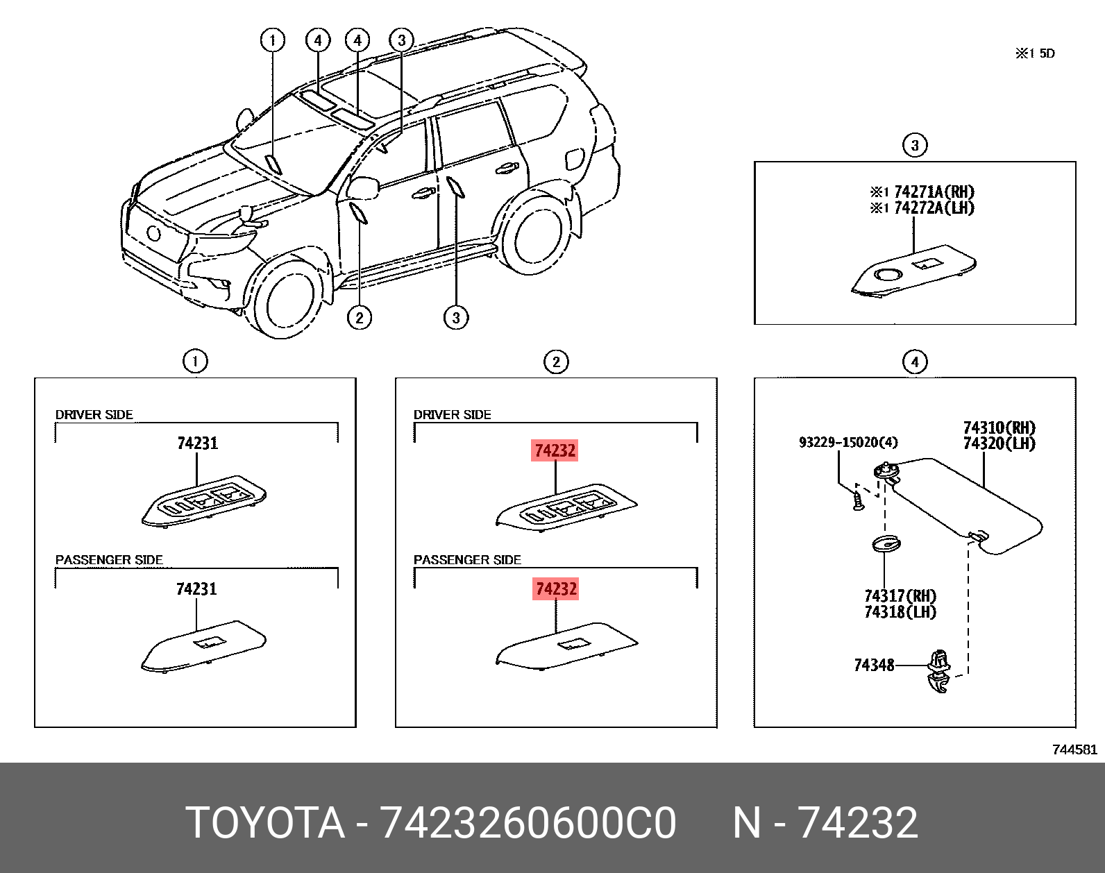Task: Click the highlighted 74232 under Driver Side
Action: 555,450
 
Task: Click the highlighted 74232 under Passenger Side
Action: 555,589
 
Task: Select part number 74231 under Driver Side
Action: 197,443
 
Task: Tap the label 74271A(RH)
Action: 934,192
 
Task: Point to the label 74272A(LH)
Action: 934,207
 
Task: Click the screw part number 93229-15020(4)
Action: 847,442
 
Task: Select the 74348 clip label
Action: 874,665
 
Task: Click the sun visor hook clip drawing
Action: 938,670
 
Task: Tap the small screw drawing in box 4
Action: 857,501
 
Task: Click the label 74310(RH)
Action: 999,427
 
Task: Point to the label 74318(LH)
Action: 900,612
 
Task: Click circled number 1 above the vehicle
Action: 272,40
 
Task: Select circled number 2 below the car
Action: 359,318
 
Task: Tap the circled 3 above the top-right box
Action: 914,145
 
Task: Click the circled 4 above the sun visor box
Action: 914,362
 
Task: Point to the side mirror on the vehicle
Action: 363,187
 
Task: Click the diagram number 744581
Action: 1074,749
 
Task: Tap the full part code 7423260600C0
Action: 528,823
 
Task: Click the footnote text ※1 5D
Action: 1035,53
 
